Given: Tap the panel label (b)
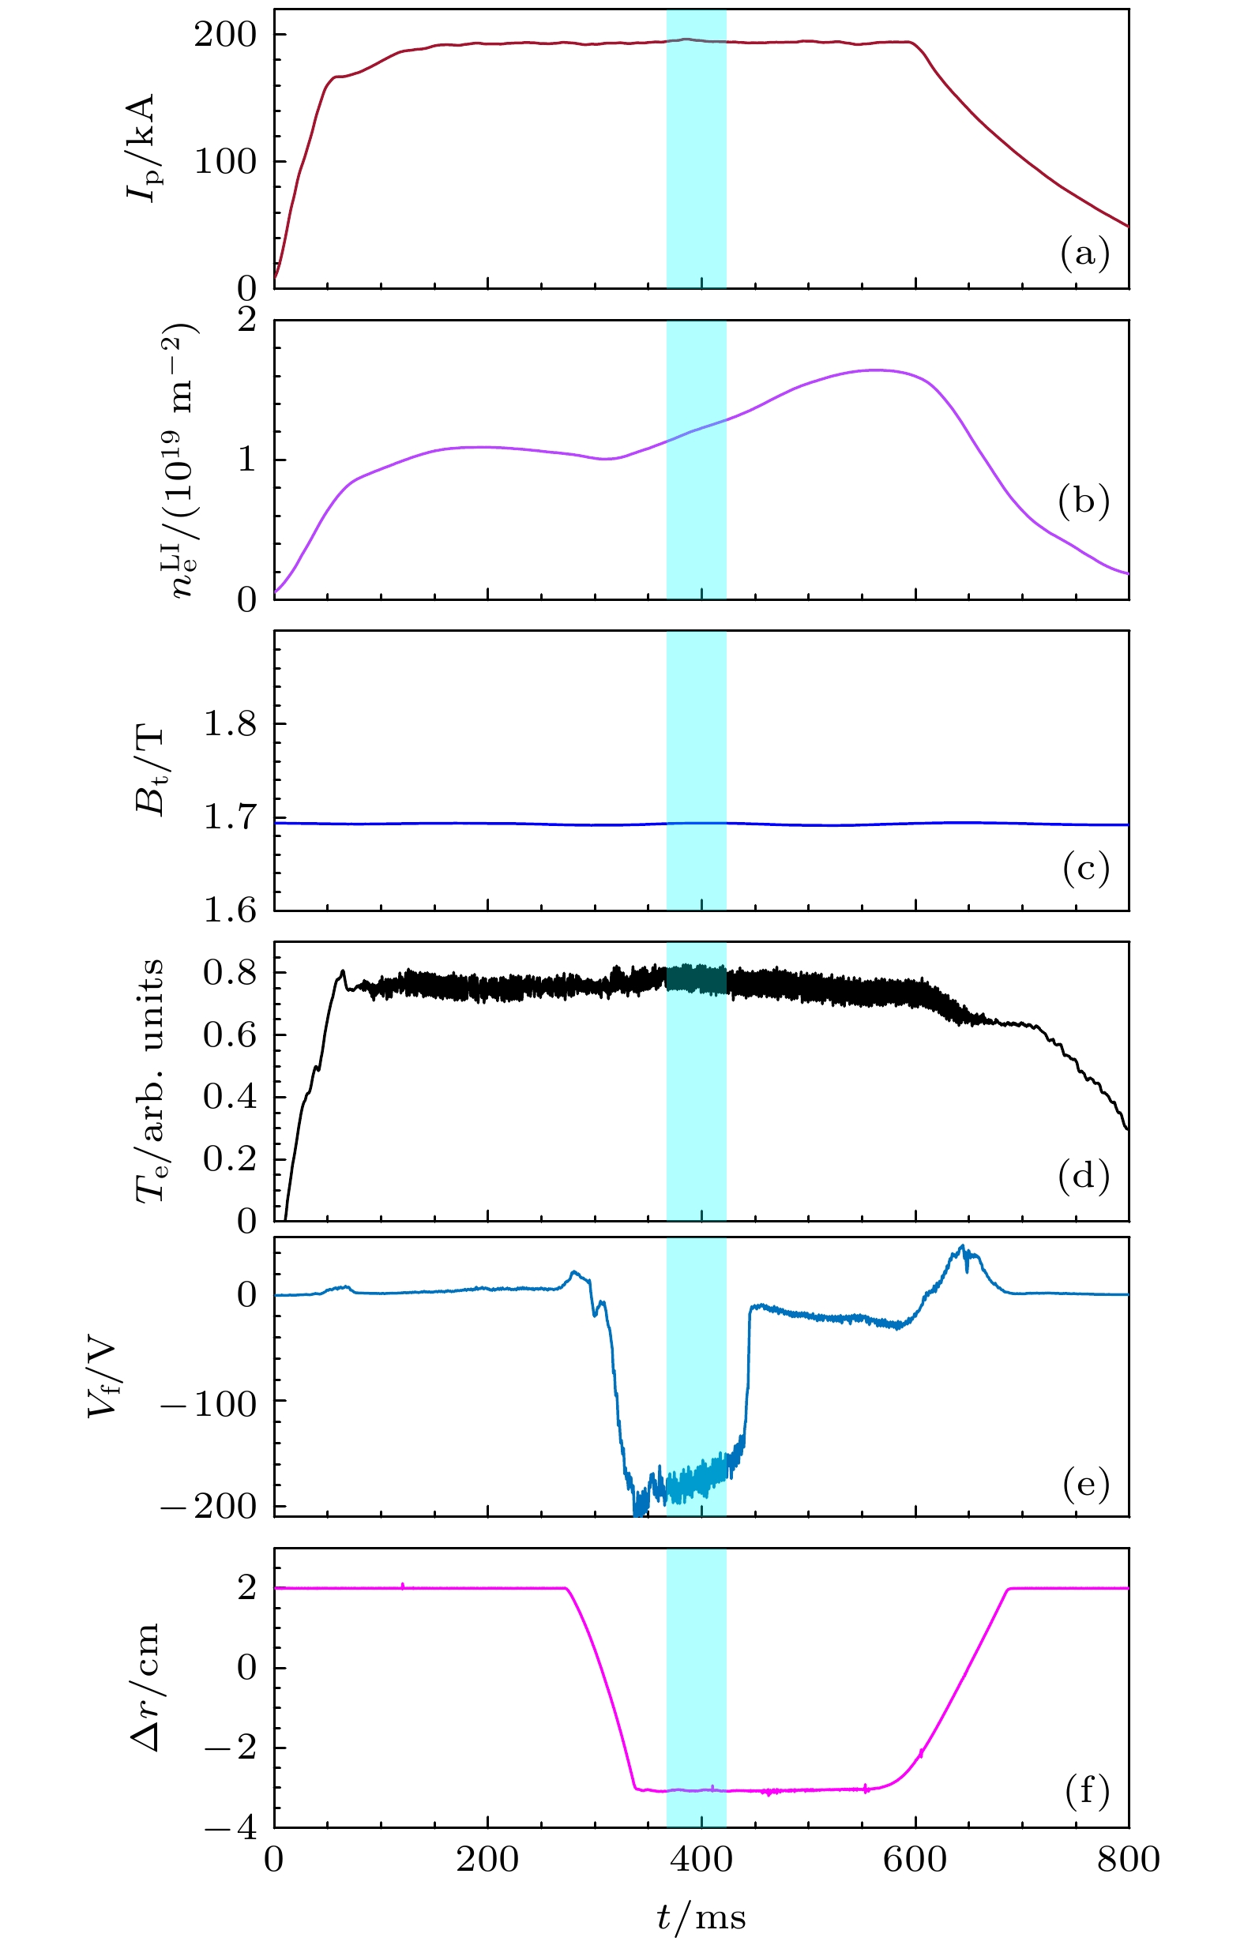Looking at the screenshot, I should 1083,501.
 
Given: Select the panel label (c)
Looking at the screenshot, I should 1086,869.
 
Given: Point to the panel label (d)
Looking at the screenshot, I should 1083,1176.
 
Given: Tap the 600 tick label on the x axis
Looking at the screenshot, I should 915,1861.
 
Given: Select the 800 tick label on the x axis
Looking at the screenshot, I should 1128,1861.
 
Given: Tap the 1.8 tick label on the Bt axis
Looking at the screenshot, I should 229,723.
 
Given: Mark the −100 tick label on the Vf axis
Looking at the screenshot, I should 209,1404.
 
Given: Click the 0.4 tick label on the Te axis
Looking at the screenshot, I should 229,1097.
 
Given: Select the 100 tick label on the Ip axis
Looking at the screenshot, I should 224,162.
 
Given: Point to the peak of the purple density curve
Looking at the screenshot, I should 877,370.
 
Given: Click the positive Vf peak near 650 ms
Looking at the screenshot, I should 962,1247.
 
